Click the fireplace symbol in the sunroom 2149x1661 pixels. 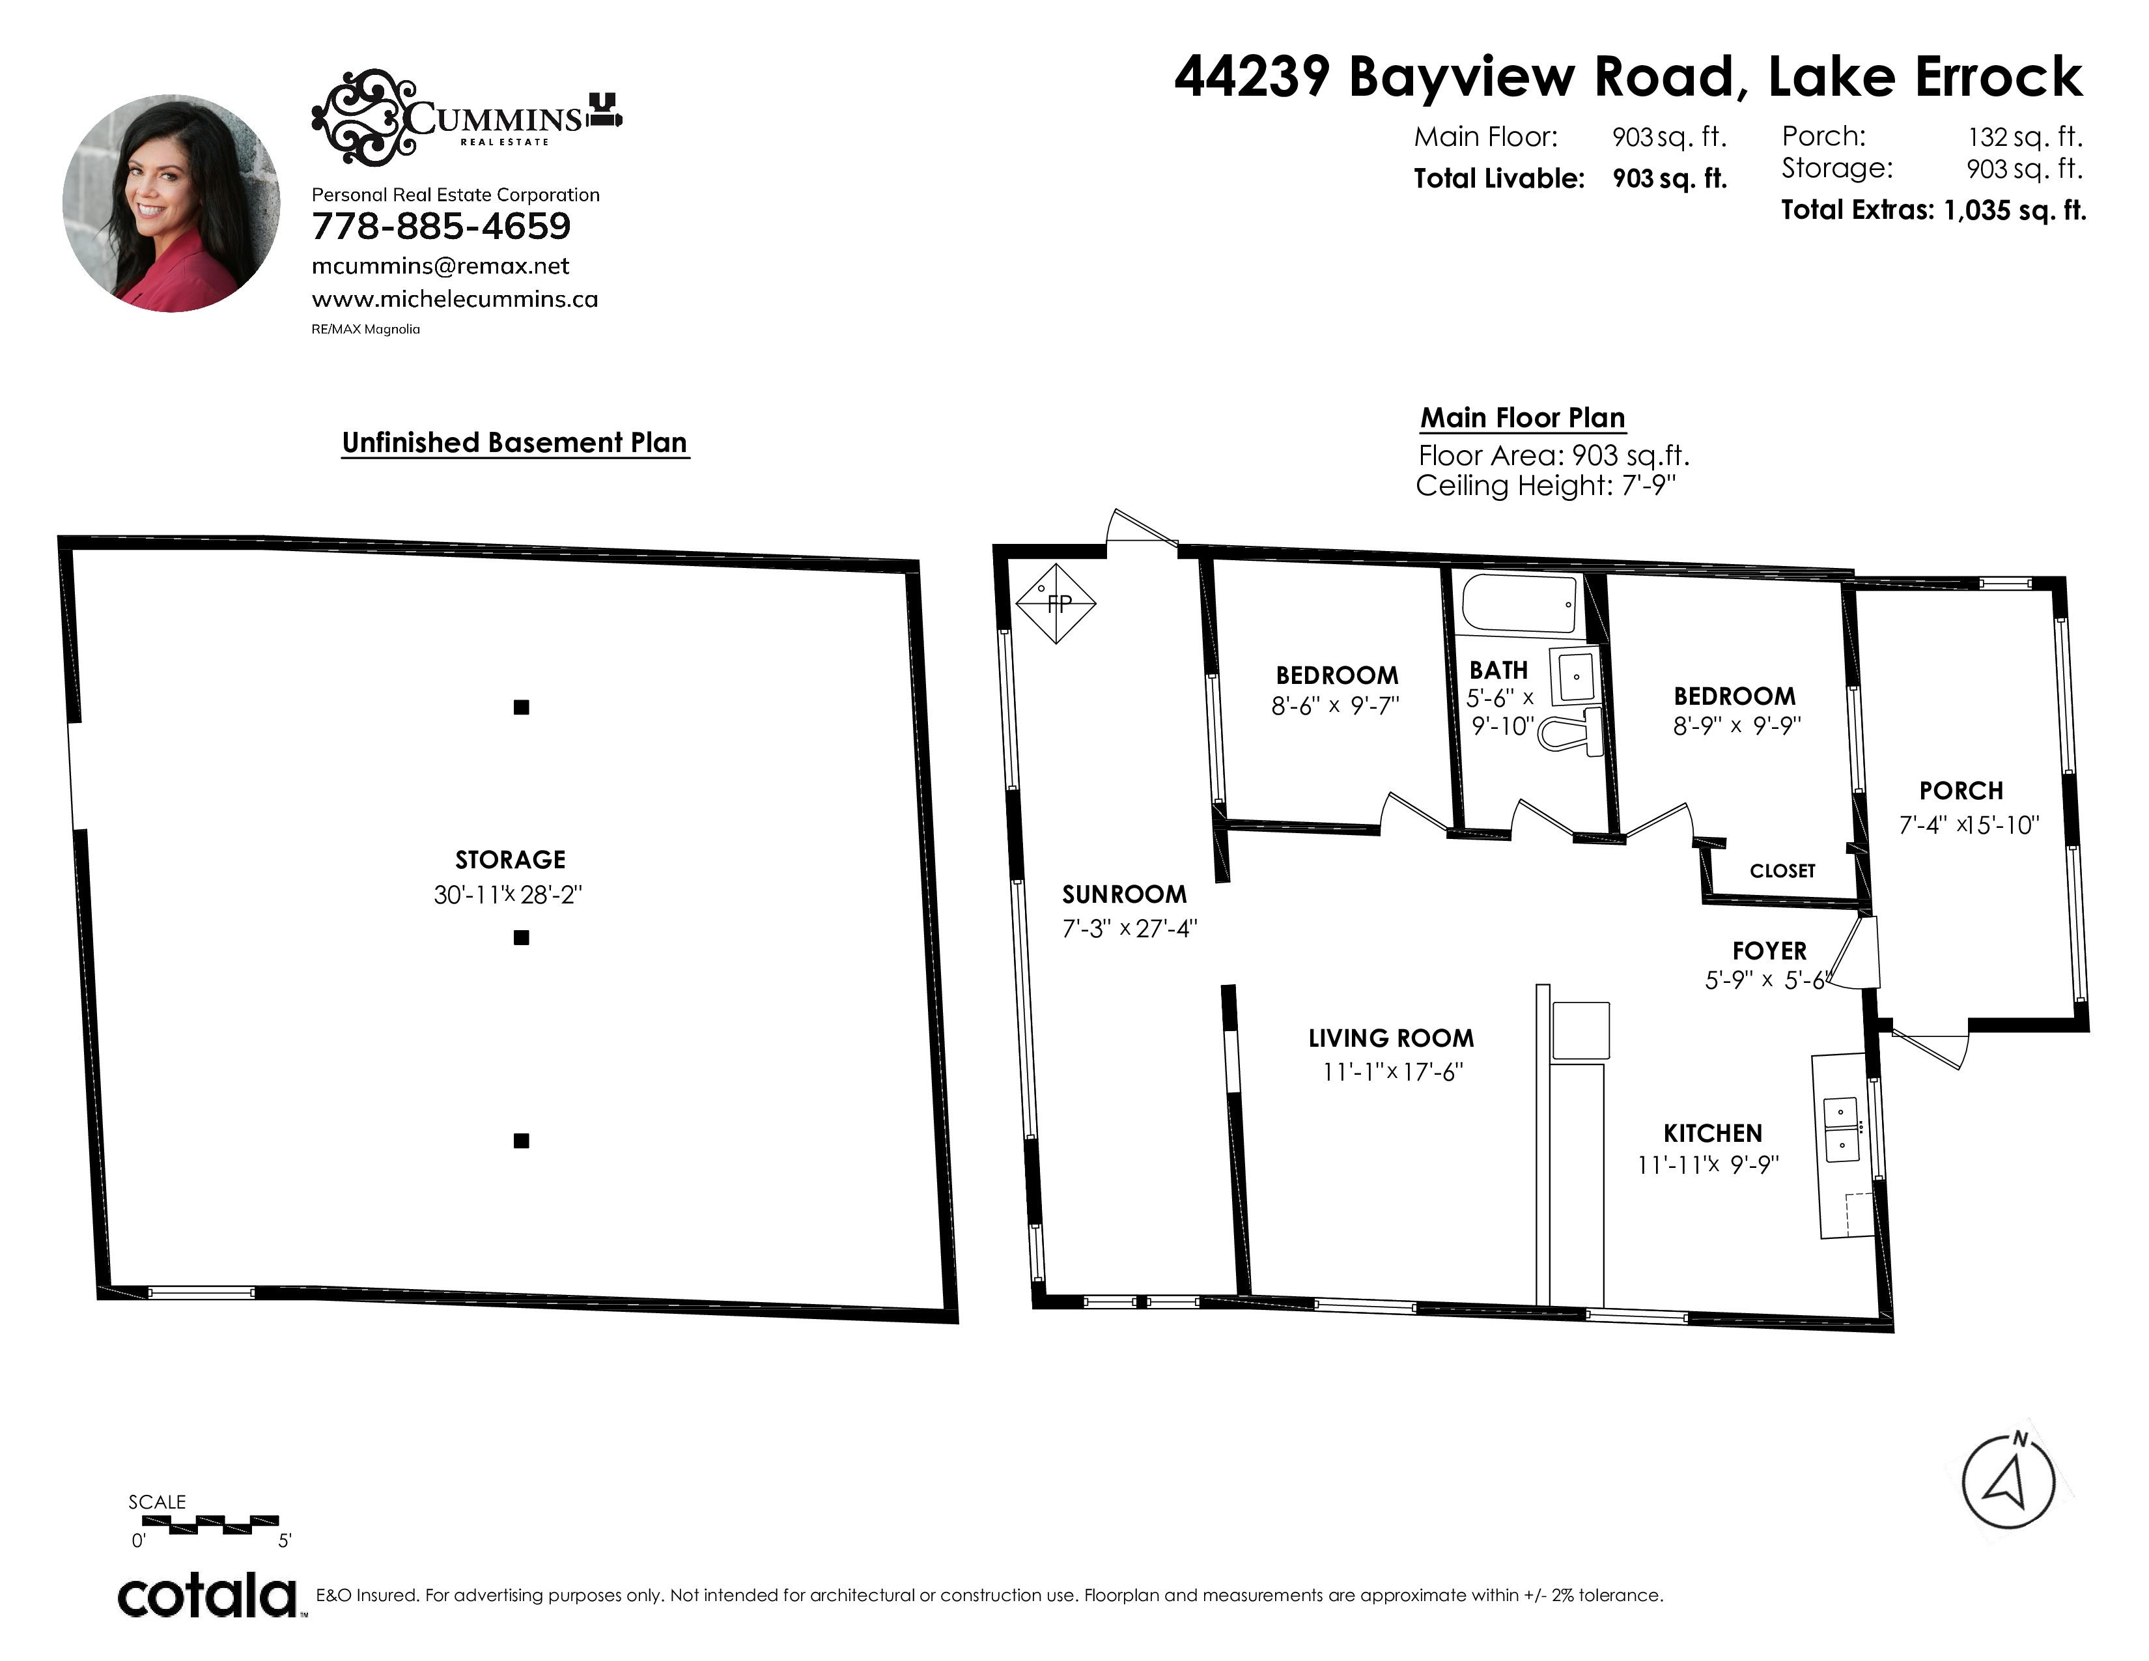(1056, 603)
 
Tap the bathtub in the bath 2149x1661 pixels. (1520, 603)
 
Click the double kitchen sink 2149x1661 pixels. (1841, 1129)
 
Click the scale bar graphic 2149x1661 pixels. (210, 1526)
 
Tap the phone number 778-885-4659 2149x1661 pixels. (441, 226)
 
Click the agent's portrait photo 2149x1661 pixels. (171, 204)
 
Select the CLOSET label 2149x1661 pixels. (1782, 871)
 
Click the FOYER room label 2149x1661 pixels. (1769, 950)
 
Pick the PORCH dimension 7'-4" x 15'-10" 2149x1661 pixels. (1968, 825)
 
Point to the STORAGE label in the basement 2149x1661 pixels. (510, 860)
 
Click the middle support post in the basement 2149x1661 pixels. (522, 938)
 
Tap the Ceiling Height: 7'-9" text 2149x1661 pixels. (1545, 485)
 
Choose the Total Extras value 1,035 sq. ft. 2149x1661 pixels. (2014, 210)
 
